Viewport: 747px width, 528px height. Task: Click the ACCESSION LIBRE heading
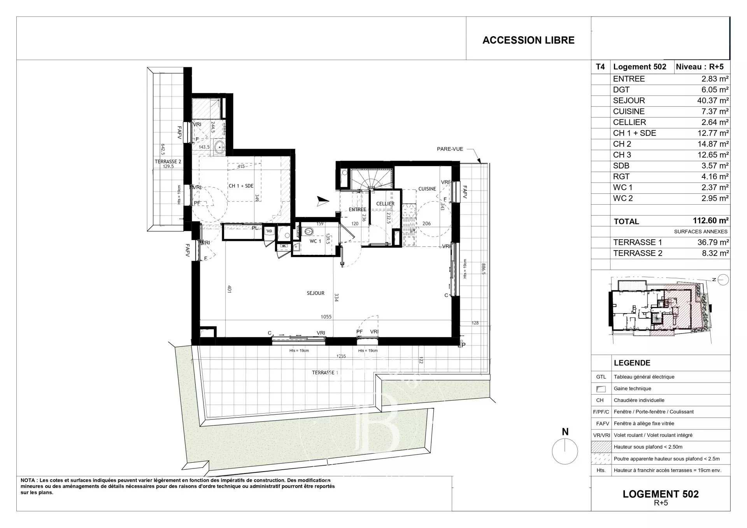tap(528, 40)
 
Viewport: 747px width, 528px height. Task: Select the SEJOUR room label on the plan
tap(315, 293)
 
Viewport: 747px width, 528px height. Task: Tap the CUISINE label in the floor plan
tap(427, 189)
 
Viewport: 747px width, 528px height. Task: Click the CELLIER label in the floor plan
tap(385, 203)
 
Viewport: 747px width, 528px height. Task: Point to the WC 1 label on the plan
tap(315, 241)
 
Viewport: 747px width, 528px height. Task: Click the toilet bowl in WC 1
tap(309, 232)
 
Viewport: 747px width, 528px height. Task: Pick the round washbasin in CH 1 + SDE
tap(220, 147)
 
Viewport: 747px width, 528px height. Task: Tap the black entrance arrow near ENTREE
tap(323, 201)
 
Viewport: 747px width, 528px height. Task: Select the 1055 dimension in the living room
tap(326, 317)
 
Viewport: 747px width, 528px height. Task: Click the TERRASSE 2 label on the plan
tap(168, 161)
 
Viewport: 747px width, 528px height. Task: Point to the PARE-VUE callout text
tap(450, 149)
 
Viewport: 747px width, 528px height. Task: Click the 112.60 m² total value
tap(710, 221)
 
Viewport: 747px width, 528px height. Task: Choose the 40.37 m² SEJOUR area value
tap(712, 100)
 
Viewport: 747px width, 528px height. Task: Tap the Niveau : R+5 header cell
tap(700, 67)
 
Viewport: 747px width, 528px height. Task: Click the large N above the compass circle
tap(565, 432)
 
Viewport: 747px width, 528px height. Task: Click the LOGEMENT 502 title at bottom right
tap(660, 494)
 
